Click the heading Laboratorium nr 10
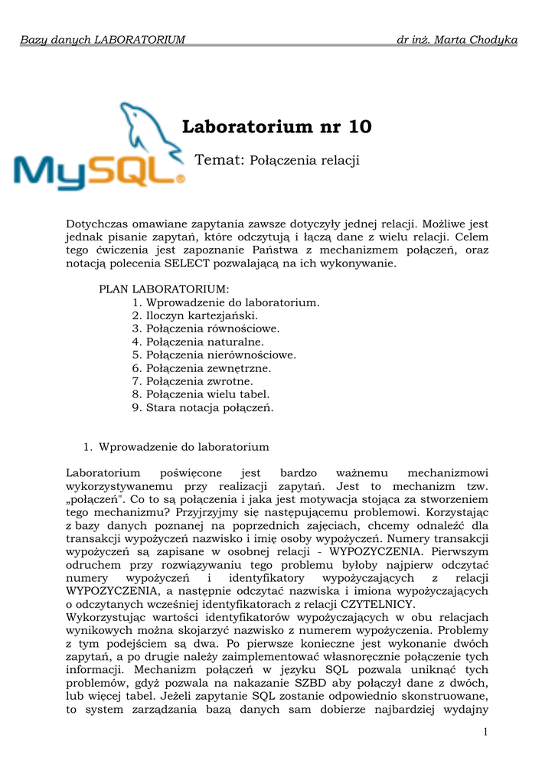[277, 127]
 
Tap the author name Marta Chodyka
[486, 39]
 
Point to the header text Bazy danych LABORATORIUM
[103, 39]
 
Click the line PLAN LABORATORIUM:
[164, 289]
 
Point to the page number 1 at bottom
[485, 733]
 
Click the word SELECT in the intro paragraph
[187, 263]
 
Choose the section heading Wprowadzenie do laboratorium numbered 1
[184, 446]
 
